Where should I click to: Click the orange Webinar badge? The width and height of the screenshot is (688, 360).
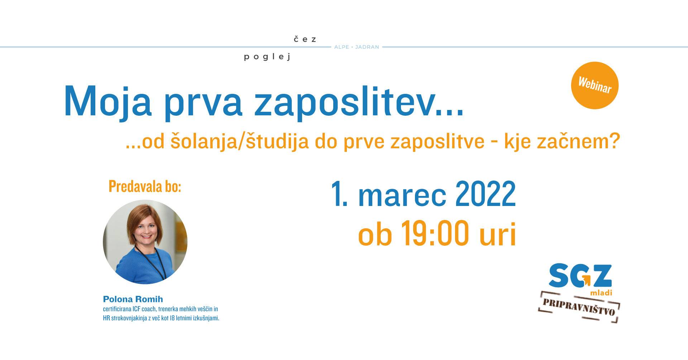coord(595,85)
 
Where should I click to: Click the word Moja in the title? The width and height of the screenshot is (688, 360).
coord(108,102)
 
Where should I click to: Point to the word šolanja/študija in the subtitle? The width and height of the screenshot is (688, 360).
coord(239,141)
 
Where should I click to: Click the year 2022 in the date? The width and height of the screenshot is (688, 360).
coord(486,194)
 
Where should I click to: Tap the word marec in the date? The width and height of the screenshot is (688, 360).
coord(402,196)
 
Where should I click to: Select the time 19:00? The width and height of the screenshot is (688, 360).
coord(435,233)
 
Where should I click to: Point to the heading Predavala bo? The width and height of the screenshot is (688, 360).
coord(145,186)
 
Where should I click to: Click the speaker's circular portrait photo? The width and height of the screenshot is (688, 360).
coord(145,242)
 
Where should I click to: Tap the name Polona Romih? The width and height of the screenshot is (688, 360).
coord(133,299)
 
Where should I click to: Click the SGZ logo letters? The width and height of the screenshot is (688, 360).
coord(580,275)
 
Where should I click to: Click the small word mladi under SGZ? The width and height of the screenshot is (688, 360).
coord(601,293)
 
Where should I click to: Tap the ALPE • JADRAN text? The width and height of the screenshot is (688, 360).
coord(357,47)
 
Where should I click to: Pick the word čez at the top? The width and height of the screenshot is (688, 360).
coord(305,39)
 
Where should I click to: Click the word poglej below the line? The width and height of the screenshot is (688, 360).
coord(267,57)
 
